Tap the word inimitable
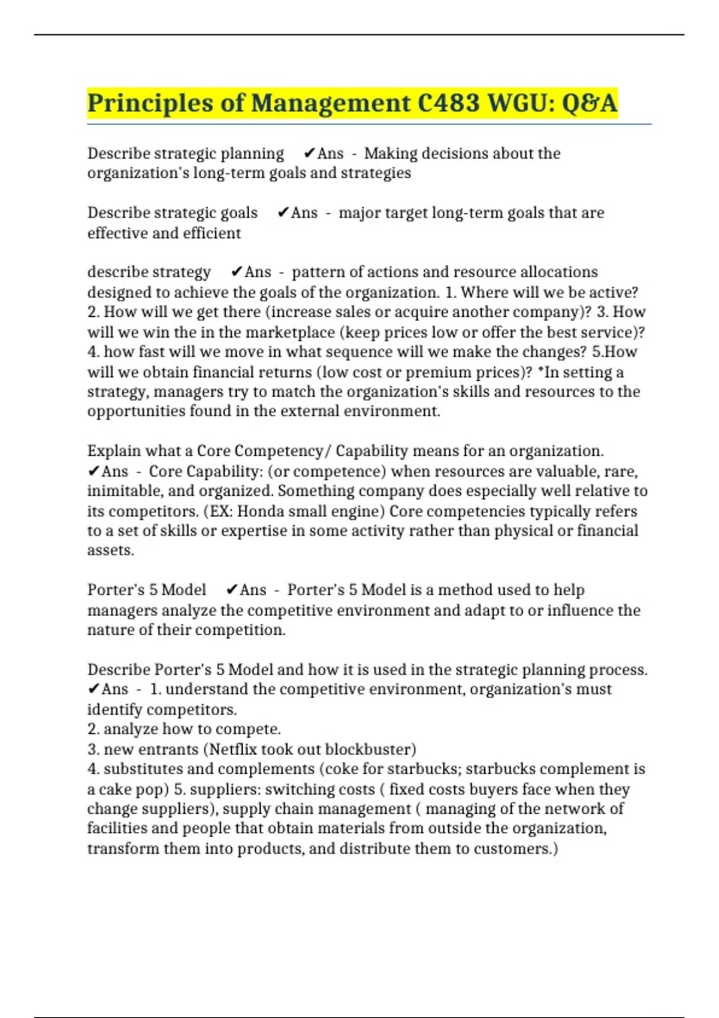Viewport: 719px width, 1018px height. [117, 491]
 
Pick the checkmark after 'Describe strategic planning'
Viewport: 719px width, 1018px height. [309, 154]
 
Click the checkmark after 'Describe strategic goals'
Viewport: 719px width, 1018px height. [283, 213]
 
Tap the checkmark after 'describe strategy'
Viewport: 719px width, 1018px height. [237, 272]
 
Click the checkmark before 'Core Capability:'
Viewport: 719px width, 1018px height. [93, 472]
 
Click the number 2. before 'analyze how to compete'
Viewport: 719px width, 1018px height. [93, 729]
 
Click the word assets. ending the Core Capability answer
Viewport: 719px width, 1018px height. [111, 550]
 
